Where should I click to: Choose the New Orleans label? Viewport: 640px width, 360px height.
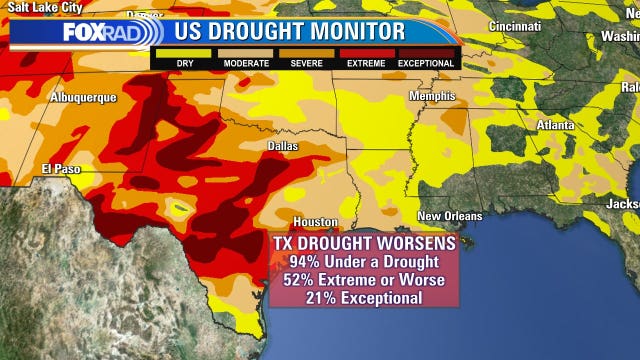click(449, 216)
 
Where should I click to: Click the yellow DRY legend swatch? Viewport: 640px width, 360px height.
click(185, 52)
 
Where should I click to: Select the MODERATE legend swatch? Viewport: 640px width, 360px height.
click(246, 52)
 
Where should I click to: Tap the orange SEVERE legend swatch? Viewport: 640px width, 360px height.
click(306, 52)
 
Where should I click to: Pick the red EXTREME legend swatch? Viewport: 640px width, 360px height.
click(366, 52)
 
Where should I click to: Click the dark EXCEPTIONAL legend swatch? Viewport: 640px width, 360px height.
click(427, 52)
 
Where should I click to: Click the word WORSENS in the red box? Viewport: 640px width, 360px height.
click(409, 243)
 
